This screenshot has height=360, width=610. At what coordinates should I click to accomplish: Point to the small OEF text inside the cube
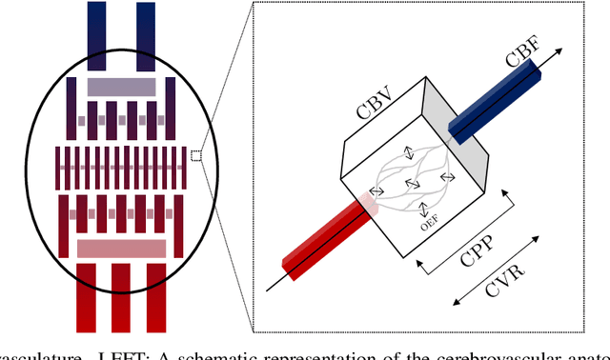tap(427, 226)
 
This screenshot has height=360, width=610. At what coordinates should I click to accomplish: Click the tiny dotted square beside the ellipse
tap(195, 156)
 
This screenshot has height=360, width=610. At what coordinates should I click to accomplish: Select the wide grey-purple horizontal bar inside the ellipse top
tap(121, 87)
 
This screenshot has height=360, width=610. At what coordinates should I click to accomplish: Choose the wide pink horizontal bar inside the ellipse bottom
tap(121, 249)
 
